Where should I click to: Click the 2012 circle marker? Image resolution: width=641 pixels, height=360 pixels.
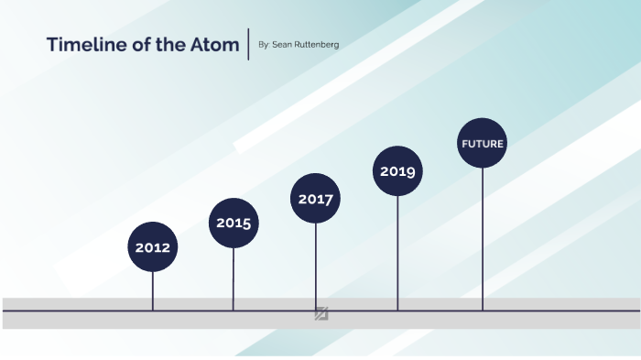pos(153,246)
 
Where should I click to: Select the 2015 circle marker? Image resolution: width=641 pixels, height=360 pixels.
pos(234,223)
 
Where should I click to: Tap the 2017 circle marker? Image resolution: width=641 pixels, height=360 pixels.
pos(316,199)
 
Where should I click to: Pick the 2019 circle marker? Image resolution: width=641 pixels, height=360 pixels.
pos(397,171)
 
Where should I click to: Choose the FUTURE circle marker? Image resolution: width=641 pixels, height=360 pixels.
pos(482,144)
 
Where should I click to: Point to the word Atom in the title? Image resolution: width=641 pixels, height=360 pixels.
pos(216,44)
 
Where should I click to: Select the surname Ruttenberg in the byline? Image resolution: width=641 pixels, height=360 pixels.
pos(316,44)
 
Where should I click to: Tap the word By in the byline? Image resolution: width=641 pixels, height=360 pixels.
pos(264,44)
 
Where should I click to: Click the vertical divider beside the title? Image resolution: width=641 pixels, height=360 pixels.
pos(248,44)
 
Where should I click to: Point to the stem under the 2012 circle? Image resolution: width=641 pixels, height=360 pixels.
pos(153,291)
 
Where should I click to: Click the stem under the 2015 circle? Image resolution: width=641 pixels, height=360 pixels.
pos(234,279)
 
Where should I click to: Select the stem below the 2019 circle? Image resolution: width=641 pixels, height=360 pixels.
pos(397,252)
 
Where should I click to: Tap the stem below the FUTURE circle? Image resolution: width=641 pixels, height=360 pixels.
pos(482,238)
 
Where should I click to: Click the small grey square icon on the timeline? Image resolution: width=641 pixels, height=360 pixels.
pos(321,313)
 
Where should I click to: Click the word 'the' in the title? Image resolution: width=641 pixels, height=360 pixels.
pos(174,44)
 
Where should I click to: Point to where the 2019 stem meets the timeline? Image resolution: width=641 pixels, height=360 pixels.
pos(397,311)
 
